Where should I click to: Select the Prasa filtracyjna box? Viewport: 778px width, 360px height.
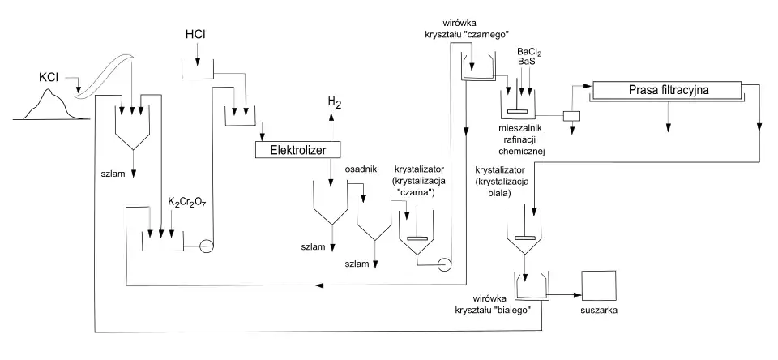click(x=669, y=90)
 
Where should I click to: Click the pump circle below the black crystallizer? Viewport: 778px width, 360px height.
click(x=443, y=264)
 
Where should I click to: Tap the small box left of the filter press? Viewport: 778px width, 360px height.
click(x=571, y=115)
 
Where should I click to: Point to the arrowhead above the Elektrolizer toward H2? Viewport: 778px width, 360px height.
click(x=331, y=118)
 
